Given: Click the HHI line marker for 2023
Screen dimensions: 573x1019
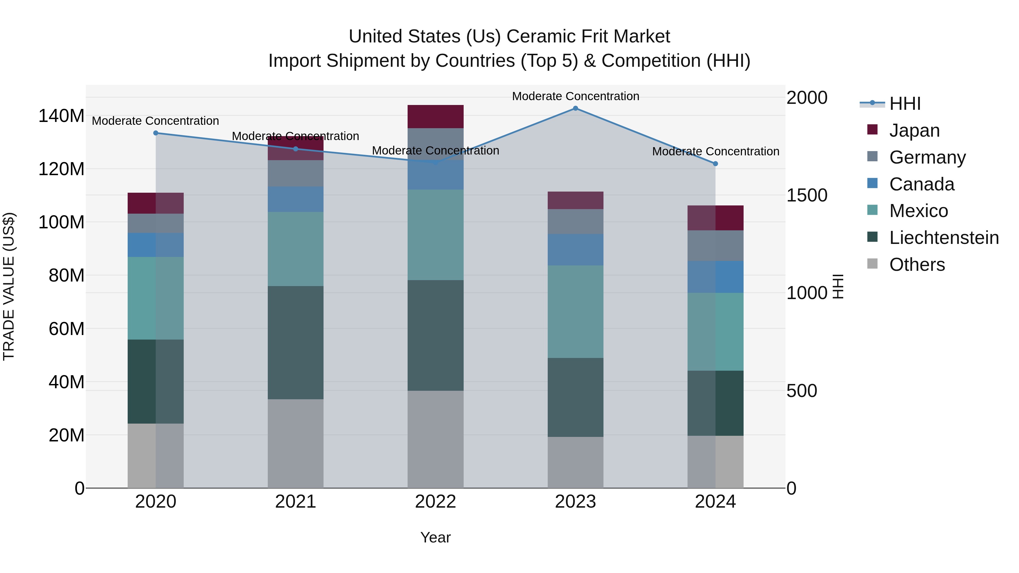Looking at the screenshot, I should pos(575,108).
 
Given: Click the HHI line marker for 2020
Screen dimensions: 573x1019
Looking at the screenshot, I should pos(156,133).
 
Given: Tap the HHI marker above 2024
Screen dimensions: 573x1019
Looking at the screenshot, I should pos(715,164).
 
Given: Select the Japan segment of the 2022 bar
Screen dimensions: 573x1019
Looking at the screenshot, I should pos(436,117).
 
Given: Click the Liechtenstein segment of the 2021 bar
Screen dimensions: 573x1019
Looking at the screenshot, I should pos(296,342).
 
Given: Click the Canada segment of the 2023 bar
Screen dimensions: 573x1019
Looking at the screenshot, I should pos(575,250).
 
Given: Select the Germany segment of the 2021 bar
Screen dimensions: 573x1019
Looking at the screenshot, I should pos(296,173).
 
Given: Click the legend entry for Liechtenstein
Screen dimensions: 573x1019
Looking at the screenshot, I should pos(944,238).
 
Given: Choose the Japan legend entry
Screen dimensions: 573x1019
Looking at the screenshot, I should pos(914,130).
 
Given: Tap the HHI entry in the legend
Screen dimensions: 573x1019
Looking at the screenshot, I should pos(905,104).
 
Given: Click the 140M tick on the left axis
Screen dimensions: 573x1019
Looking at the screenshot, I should pos(61,116).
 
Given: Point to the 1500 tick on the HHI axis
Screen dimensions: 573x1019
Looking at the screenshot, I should pos(807,195).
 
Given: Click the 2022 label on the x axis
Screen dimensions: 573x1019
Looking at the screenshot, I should pos(436,502).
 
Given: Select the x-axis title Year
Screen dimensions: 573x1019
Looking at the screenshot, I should pos(436,537).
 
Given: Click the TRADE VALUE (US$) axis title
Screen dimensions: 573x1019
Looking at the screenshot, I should pos(9,286).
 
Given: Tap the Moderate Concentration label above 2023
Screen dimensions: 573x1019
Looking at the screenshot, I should pos(575,96).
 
